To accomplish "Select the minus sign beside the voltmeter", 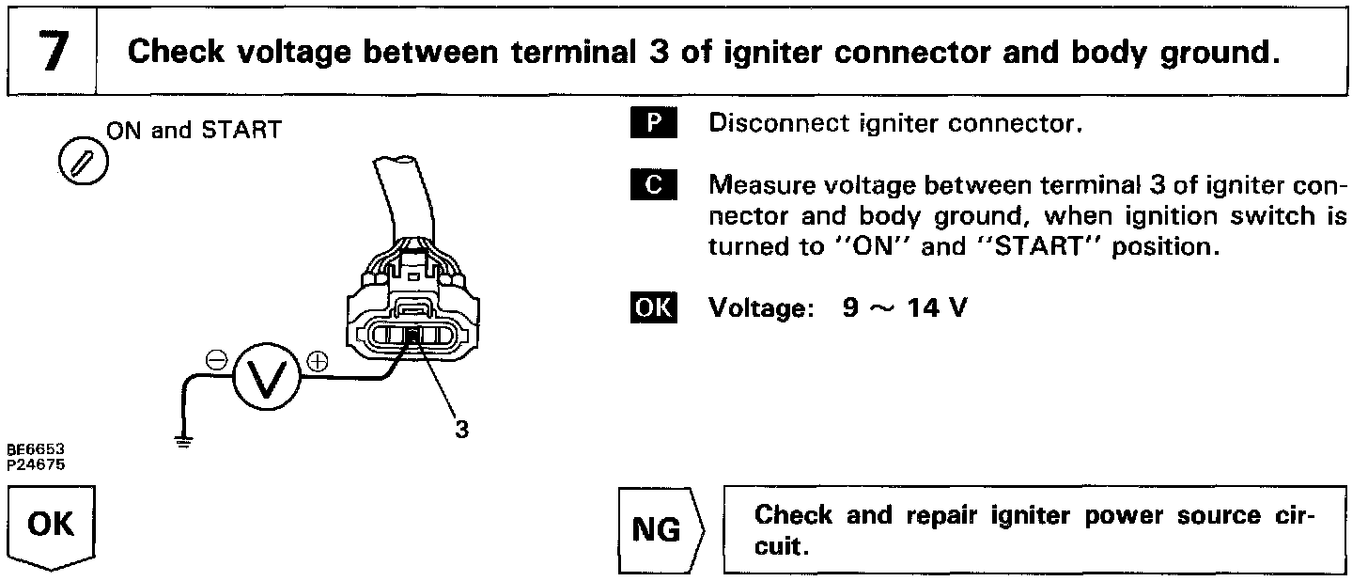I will click(x=215, y=360).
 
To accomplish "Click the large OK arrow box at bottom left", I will click(x=53, y=526).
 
